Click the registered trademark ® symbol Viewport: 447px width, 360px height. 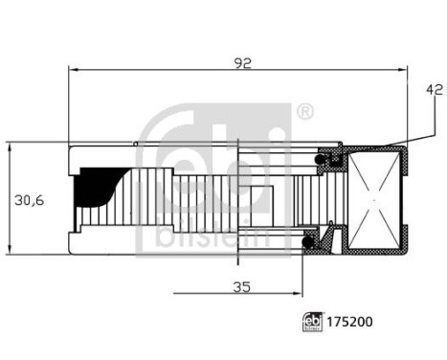pyautogui.click(x=304, y=113)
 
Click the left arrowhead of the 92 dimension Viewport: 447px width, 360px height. pyautogui.click(x=74, y=69)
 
